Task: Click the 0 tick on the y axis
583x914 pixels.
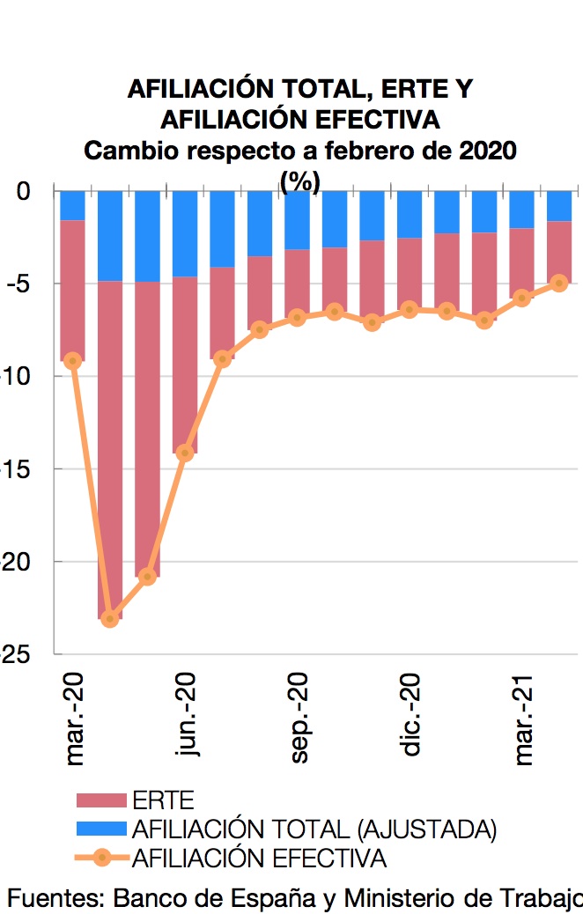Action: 24,191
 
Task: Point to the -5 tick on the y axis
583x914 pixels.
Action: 19,284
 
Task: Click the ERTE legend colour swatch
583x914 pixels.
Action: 102,800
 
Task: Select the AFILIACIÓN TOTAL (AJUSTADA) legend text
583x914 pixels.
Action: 314,829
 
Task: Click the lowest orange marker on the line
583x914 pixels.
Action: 110,619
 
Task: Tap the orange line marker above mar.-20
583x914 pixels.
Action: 73,360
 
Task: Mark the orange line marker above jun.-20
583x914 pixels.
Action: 185,453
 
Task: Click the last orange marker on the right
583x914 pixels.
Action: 558,283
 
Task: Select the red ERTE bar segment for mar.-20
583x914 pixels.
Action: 73,291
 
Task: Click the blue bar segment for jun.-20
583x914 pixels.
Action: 185,233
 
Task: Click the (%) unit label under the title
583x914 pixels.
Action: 299,181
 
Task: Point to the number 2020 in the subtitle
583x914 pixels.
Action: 488,150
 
